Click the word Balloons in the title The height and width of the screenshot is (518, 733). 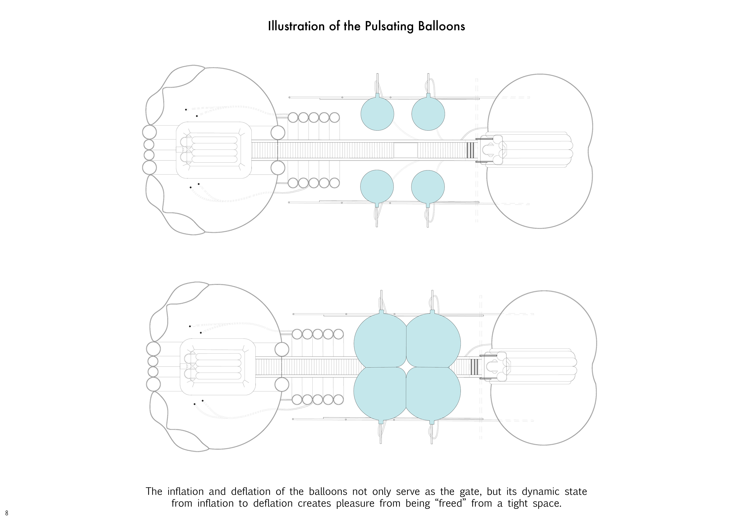pos(442,26)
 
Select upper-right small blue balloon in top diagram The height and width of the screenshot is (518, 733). pos(428,114)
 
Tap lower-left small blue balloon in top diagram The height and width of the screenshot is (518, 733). pos(377,186)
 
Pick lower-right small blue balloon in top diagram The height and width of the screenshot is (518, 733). pos(428,186)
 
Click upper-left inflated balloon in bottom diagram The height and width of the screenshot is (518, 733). pos(380,341)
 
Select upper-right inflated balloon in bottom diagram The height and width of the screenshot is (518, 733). pos(433,341)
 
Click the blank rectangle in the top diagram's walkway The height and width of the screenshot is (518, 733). pos(405,150)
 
